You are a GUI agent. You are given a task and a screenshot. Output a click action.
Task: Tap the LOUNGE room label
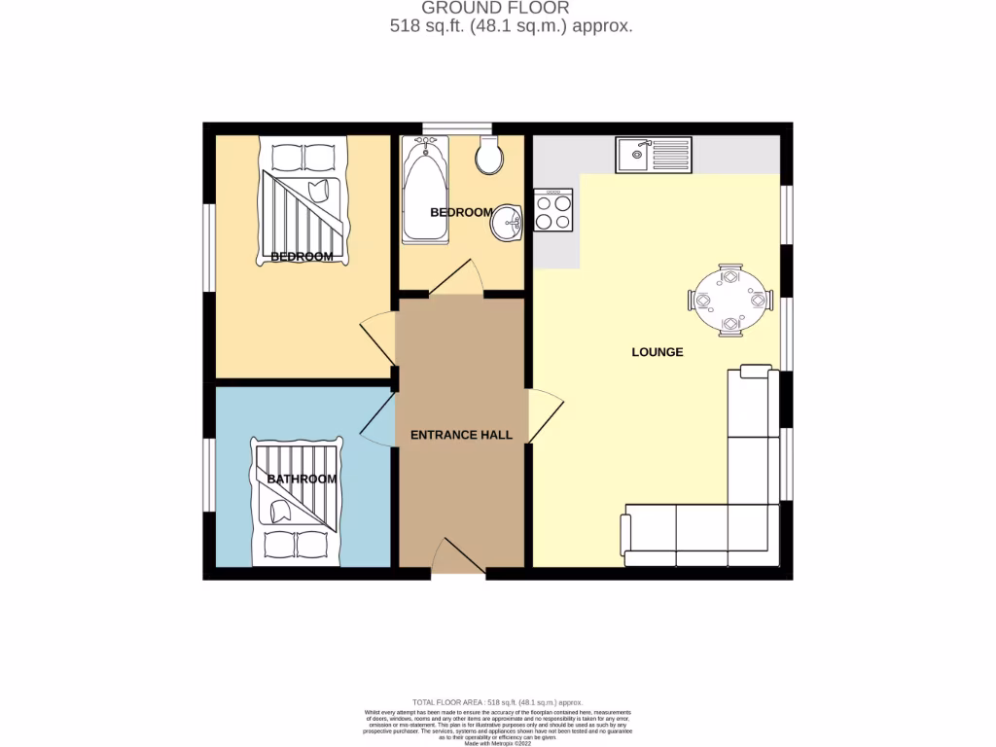[658, 352]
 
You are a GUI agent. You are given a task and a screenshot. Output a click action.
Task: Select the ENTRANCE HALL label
[461, 435]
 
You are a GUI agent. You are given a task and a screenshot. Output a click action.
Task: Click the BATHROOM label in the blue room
[302, 479]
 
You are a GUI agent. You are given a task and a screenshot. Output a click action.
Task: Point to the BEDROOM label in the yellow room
[302, 257]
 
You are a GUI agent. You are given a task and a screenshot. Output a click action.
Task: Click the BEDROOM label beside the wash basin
[461, 212]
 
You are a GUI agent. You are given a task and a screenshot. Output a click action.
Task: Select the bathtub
[426, 190]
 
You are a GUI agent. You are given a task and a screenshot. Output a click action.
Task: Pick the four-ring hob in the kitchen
[552, 210]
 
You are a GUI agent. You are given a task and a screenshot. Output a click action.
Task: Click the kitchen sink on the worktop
[653, 155]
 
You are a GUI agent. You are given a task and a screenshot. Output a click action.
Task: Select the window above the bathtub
[457, 127]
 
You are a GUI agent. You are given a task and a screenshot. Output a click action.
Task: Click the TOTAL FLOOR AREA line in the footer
[497, 701]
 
